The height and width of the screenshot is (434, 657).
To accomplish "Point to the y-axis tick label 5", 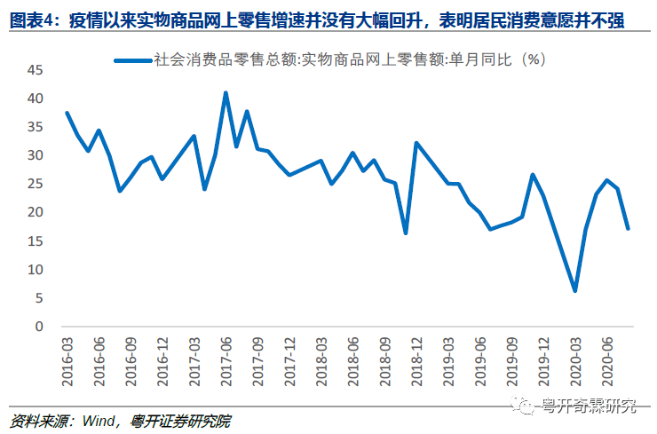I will click(38, 298).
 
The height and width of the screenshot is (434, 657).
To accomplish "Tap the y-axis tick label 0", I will click(38, 327).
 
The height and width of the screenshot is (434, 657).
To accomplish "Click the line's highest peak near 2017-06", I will click(226, 92).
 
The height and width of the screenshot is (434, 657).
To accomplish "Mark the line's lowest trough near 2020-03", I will click(574, 290).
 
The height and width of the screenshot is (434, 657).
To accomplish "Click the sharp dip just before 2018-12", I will click(405, 233).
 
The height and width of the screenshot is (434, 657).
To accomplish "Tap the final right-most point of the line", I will click(628, 228).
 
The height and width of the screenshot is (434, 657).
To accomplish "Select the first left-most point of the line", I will click(67, 113).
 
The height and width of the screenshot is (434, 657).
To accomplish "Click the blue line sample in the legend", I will click(132, 59).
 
